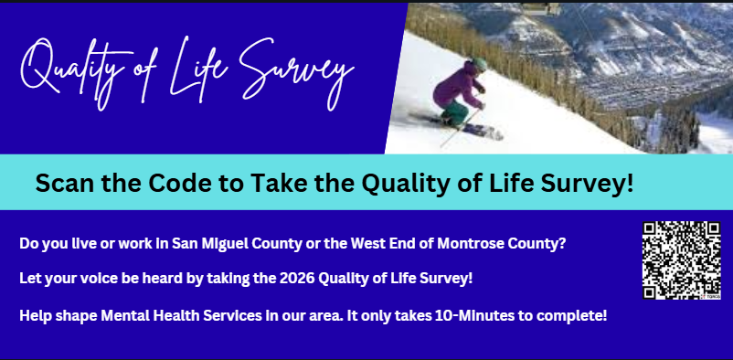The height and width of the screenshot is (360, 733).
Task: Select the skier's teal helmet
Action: coord(480,64)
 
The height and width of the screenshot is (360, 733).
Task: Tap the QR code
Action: coord(681,260)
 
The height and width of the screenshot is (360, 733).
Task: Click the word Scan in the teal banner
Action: coord(65,183)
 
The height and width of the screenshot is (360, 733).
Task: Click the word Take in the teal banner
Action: coord(279,183)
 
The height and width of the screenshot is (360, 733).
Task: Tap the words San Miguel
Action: coord(212,244)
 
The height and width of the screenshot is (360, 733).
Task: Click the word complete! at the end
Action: coord(571,316)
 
